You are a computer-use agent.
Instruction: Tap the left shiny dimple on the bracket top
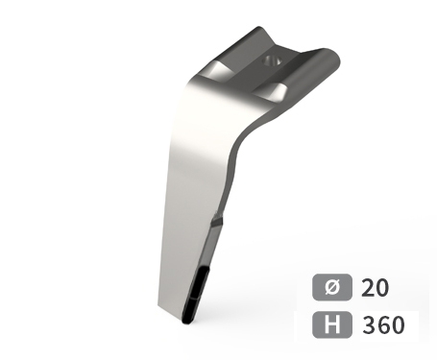[220, 72]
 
